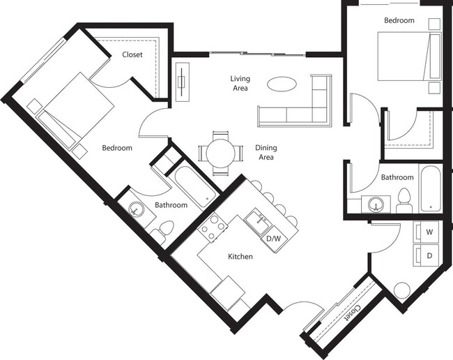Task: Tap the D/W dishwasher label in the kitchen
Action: pyautogui.click(x=275, y=239)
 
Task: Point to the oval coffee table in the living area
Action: pyautogui.click(x=282, y=84)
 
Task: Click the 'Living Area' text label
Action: pyautogui.click(x=240, y=83)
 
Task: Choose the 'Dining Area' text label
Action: pyautogui.click(x=264, y=152)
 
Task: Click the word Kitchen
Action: pyautogui.click(x=240, y=257)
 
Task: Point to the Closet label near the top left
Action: pyautogui.click(x=133, y=54)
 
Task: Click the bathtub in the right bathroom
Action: pyautogui.click(x=430, y=188)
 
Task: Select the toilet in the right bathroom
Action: pyautogui.click(x=404, y=200)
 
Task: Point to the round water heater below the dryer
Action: pyautogui.click(x=402, y=290)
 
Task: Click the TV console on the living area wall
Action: pyautogui.click(x=182, y=82)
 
